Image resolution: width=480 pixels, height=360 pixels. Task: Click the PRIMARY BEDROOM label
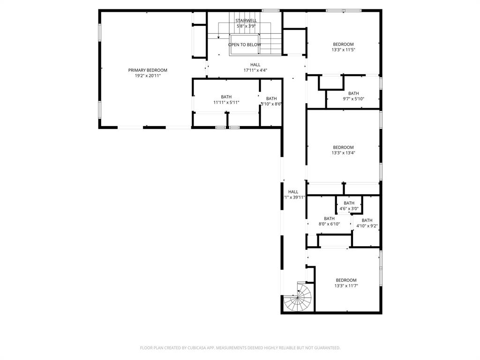(x=148, y=70)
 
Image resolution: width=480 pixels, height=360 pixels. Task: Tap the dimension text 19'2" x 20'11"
(x=148, y=75)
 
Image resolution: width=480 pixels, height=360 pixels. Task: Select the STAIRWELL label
(x=246, y=21)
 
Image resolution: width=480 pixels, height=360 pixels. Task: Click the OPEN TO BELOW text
(x=245, y=45)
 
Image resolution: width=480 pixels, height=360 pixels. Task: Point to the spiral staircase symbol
(x=299, y=298)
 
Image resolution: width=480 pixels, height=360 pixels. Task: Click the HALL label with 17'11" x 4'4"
(x=255, y=65)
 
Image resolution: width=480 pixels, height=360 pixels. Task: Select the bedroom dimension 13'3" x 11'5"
(x=343, y=50)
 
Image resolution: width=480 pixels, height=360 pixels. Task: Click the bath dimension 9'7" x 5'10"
(x=353, y=99)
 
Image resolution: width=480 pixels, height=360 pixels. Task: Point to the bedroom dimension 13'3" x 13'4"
(x=343, y=153)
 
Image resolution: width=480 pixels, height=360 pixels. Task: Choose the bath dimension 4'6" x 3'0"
(x=349, y=209)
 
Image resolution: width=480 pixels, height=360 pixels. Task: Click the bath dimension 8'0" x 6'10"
(x=329, y=224)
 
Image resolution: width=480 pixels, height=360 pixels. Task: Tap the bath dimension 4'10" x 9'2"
(x=367, y=226)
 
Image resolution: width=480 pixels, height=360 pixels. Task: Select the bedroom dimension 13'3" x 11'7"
(x=346, y=285)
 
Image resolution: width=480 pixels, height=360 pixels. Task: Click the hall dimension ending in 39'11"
(x=295, y=197)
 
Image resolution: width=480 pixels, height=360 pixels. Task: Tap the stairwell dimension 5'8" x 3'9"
(x=246, y=26)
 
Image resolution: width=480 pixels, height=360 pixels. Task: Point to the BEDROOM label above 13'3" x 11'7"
(x=346, y=280)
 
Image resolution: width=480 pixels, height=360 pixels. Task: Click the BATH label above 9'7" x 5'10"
(x=353, y=93)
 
